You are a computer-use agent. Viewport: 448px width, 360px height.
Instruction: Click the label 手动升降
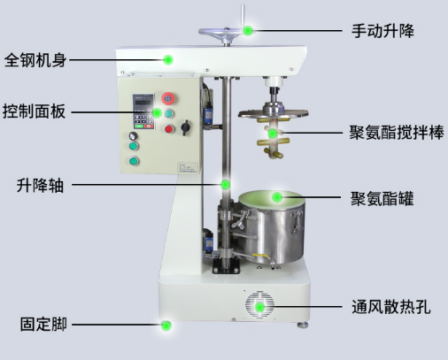(382, 31)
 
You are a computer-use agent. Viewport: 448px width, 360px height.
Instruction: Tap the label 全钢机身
(35, 60)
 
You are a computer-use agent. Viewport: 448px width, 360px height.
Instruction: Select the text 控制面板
(34, 111)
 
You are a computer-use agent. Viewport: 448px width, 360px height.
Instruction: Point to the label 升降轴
(40, 186)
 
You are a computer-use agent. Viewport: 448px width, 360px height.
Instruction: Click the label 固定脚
(43, 325)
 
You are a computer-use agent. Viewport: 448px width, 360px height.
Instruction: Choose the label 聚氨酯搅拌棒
(397, 133)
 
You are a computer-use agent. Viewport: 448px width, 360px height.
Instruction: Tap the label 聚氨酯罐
(382, 198)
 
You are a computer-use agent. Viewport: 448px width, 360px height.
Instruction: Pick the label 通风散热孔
(390, 307)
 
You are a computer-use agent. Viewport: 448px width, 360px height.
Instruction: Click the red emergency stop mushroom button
(168, 98)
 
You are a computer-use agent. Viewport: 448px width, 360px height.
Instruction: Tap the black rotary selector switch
(185, 127)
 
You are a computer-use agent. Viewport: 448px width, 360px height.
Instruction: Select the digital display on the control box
(143, 103)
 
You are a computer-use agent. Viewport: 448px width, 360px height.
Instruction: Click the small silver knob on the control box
(133, 136)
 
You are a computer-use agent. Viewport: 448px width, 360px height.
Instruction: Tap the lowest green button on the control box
(134, 161)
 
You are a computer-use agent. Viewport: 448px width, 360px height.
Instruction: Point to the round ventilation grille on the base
(259, 305)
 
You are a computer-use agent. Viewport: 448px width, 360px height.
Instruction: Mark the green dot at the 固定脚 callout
(166, 326)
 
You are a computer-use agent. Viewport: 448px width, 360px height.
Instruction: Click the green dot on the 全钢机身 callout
(168, 60)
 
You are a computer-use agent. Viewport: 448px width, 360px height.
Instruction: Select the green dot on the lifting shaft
(226, 185)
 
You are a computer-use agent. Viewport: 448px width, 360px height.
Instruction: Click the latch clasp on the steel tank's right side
(297, 220)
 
